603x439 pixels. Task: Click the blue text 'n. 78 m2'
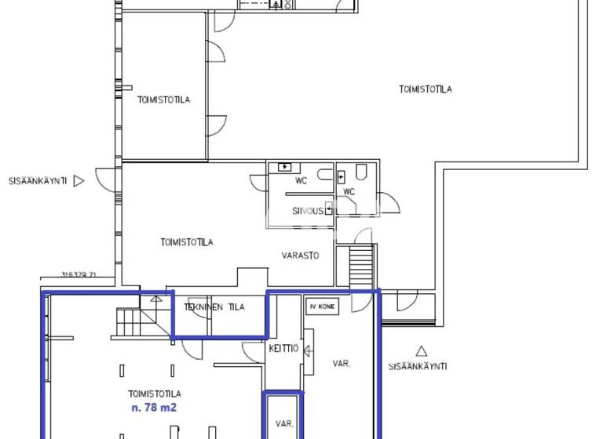tap(155, 408)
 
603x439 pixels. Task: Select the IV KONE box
tap(323, 307)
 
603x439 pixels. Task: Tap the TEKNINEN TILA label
tap(215, 307)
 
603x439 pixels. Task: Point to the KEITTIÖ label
tap(283, 349)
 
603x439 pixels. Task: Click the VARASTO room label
tap(301, 256)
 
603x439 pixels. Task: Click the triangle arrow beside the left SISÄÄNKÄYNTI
tap(78, 180)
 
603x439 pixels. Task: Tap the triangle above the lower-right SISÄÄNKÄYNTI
tap(422, 351)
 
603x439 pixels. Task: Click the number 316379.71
tap(78, 274)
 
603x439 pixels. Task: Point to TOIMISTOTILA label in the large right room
tap(425, 89)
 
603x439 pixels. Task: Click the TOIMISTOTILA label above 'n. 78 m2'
tap(155, 394)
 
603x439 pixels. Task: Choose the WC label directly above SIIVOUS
tap(301, 181)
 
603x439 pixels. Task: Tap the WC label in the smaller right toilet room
tap(349, 191)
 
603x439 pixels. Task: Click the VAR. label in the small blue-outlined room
tap(283, 423)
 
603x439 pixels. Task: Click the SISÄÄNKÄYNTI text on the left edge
tap(36, 180)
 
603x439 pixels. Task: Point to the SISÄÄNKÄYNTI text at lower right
tap(418, 366)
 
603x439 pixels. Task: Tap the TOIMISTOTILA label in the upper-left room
tap(163, 100)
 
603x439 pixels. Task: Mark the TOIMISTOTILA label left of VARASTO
tap(186, 242)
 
